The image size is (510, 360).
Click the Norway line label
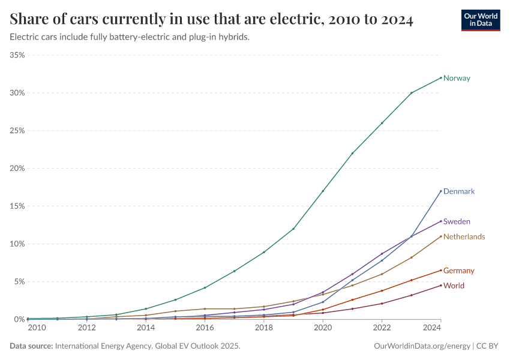coord(457,78)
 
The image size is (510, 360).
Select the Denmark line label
coord(459,191)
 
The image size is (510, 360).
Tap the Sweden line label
coord(457,221)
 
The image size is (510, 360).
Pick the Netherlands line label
coord(464,236)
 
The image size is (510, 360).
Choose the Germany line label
coord(458,271)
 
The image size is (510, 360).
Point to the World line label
coord(454,286)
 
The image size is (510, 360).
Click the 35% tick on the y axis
coord(17,55)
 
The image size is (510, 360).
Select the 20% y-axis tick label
coord(17,169)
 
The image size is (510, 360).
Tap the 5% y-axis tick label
coord(19,281)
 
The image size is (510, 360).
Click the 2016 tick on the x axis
coord(205,328)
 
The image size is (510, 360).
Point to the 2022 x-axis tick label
coord(382,328)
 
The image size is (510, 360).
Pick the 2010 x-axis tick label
coord(36,328)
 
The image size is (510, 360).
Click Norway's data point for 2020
coord(323,191)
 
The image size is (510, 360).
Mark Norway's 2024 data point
coord(441,77)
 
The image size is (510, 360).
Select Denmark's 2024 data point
coord(441,191)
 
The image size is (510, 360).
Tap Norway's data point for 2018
coord(264,252)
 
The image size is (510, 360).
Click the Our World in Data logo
coord(480,20)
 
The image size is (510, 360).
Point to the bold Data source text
coord(31,346)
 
